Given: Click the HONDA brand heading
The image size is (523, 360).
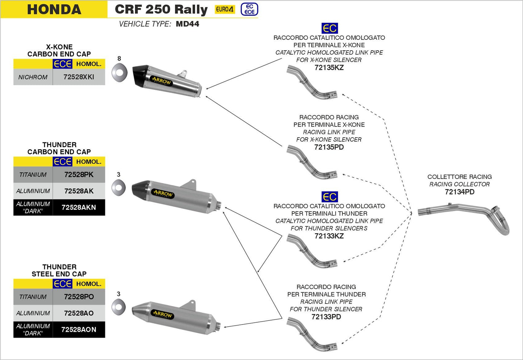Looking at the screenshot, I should click(54, 9).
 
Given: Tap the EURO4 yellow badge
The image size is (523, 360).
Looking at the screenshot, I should click(224, 9).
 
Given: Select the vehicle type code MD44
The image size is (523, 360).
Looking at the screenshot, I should click(187, 24).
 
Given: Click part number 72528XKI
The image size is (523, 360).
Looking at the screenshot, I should click(79, 77).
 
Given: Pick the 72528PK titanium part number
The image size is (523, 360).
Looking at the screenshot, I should click(79, 175).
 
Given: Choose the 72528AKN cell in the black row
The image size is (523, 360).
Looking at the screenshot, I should click(79, 208).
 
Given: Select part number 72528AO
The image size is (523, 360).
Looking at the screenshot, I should click(79, 313).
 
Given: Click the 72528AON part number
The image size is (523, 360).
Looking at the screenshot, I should click(79, 330).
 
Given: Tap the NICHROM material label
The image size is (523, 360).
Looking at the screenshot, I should click(33, 77).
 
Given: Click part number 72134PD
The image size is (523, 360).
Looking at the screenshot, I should click(459, 192).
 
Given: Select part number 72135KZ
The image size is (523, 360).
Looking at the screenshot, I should click(329, 67).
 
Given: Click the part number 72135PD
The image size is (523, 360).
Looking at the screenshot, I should click(329, 147).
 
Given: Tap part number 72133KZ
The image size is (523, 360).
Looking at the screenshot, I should click(329, 236).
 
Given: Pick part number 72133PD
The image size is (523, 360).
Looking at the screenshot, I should click(326, 317).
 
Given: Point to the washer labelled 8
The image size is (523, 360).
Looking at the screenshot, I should click(119, 73).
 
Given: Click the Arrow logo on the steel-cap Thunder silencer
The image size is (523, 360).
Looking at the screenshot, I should click(163, 314).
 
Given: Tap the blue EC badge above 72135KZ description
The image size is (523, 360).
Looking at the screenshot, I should click(329, 28).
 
